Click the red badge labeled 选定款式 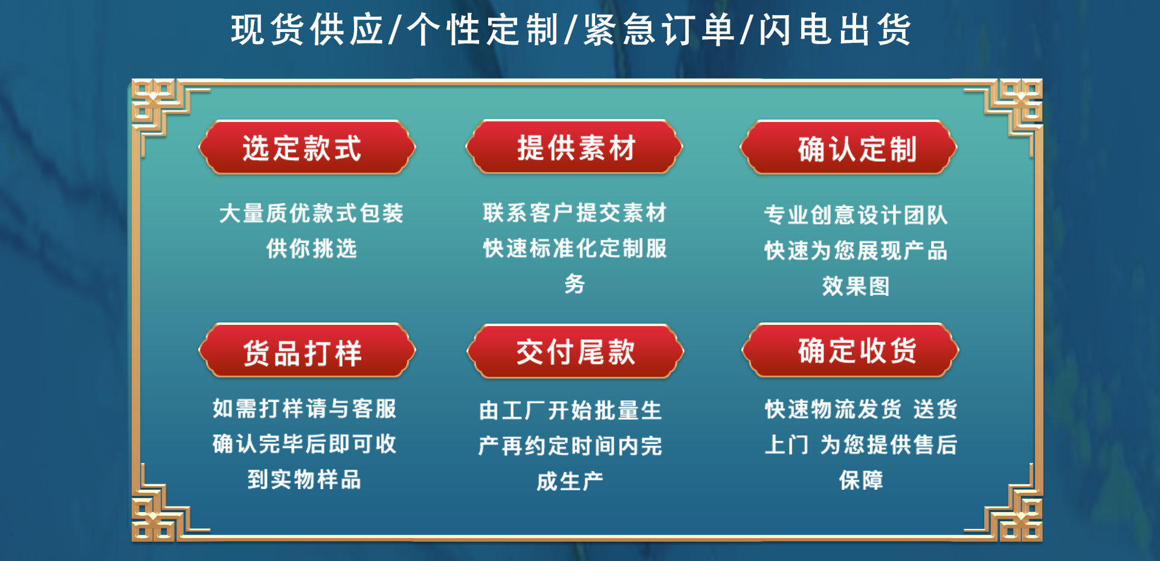[x=307, y=148]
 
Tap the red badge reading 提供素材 [x=575, y=147]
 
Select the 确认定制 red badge [x=849, y=148]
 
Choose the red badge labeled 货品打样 [x=307, y=351]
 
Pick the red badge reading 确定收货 [x=850, y=351]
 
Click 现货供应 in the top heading [x=308, y=30]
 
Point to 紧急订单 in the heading [x=659, y=30]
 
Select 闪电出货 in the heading [x=834, y=30]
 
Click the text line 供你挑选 [x=312, y=248]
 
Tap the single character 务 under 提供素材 [x=575, y=283]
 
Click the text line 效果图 [x=855, y=286]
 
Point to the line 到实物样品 [x=304, y=479]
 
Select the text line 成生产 [x=570, y=481]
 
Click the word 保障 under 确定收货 [x=861, y=480]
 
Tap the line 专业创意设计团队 [x=855, y=215]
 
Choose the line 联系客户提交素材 [x=575, y=213]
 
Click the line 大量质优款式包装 [x=312, y=213]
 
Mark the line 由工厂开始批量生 [x=570, y=411]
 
